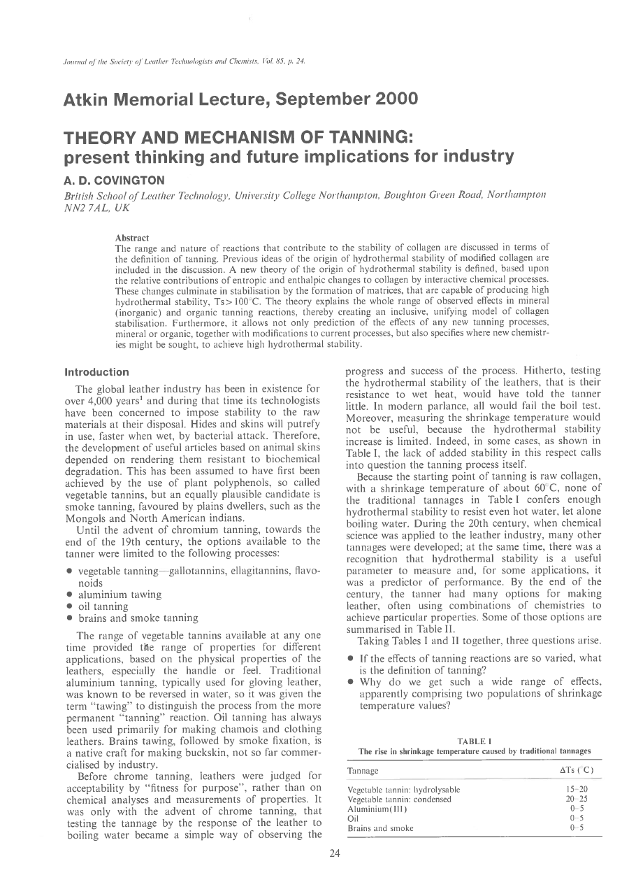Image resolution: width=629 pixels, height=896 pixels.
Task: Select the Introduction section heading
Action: click(x=96, y=372)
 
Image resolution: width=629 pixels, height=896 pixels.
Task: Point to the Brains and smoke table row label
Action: click(x=380, y=828)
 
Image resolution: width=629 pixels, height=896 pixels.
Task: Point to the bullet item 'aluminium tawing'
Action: click(x=120, y=594)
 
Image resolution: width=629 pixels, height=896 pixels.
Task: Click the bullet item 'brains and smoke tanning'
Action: click(x=138, y=618)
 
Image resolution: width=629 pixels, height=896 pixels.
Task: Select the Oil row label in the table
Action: click(x=353, y=818)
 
